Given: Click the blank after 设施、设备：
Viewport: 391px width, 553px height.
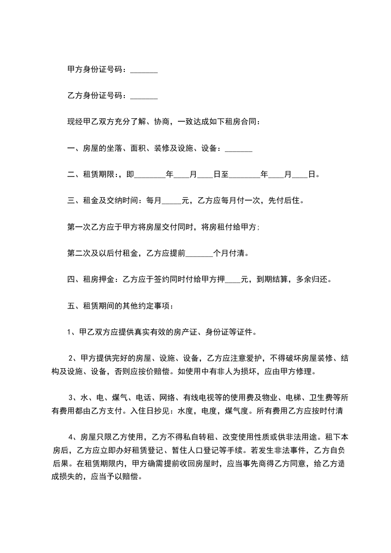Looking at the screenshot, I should click(239, 148).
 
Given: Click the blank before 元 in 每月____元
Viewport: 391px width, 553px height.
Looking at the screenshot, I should click(172, 201).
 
